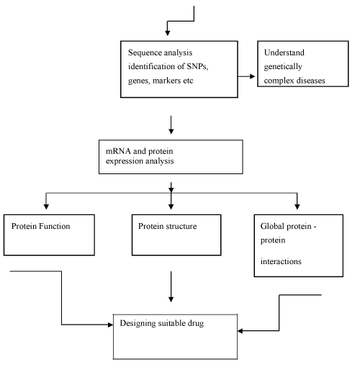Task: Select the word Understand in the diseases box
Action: coord(284,53)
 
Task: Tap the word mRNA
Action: coord(118,151)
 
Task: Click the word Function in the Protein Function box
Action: coord(55,226)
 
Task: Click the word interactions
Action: coord(281,261)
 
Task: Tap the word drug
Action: coord(196,323)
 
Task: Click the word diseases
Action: coord(310,81)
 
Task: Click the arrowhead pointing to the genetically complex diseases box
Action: coord(252,76)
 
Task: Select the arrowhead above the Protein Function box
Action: coord(46,207)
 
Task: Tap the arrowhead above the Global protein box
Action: coord(297,207)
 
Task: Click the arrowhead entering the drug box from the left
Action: coord(110,325)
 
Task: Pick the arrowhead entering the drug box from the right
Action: coord(240,331)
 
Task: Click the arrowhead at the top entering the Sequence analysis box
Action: coord(168,33)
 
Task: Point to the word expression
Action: coord(125,161)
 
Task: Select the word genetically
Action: coord(283,67)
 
